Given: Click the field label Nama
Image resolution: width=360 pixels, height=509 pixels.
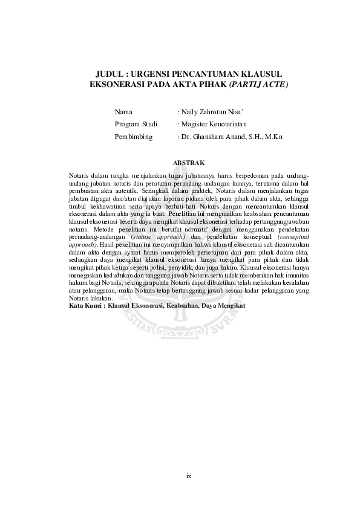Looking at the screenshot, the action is click(x=123, y=112).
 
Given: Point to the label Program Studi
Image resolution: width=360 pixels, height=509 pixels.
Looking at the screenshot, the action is click(x=136, y=125).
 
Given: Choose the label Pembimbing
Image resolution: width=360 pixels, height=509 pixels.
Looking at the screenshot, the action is click(x=134, y=137).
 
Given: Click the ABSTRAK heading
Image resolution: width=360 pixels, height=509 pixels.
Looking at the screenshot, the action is click(x=189, y=163).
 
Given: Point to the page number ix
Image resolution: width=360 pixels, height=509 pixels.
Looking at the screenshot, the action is click(x=189, y=476).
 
